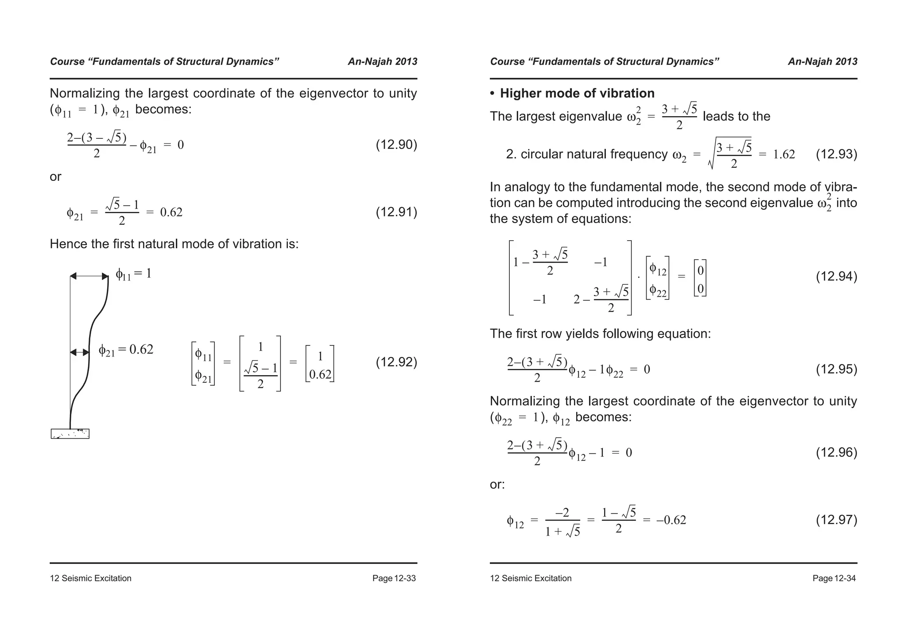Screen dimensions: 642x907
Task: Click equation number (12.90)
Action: [396, 145]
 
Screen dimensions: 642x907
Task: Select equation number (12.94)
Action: [836, 277]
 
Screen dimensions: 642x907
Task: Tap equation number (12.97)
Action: [836, 520]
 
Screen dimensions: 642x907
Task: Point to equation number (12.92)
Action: [396, 362]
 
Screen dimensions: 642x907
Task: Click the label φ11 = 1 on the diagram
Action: [133, 274]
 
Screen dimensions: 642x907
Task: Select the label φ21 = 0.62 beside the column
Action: [126, 350]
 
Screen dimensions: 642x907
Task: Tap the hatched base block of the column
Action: [70, 434]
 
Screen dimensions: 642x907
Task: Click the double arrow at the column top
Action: [89, 276]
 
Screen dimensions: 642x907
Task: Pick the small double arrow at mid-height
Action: [80, 352]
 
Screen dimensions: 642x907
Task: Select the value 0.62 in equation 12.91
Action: [171, 212]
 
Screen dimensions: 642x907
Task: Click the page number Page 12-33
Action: [394, 578]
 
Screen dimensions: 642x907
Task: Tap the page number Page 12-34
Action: [834, 578]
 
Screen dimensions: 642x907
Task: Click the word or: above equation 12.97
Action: [497, 485]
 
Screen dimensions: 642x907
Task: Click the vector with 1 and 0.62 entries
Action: [320, 364]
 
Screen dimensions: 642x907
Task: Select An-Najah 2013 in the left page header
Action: [382, 62]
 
